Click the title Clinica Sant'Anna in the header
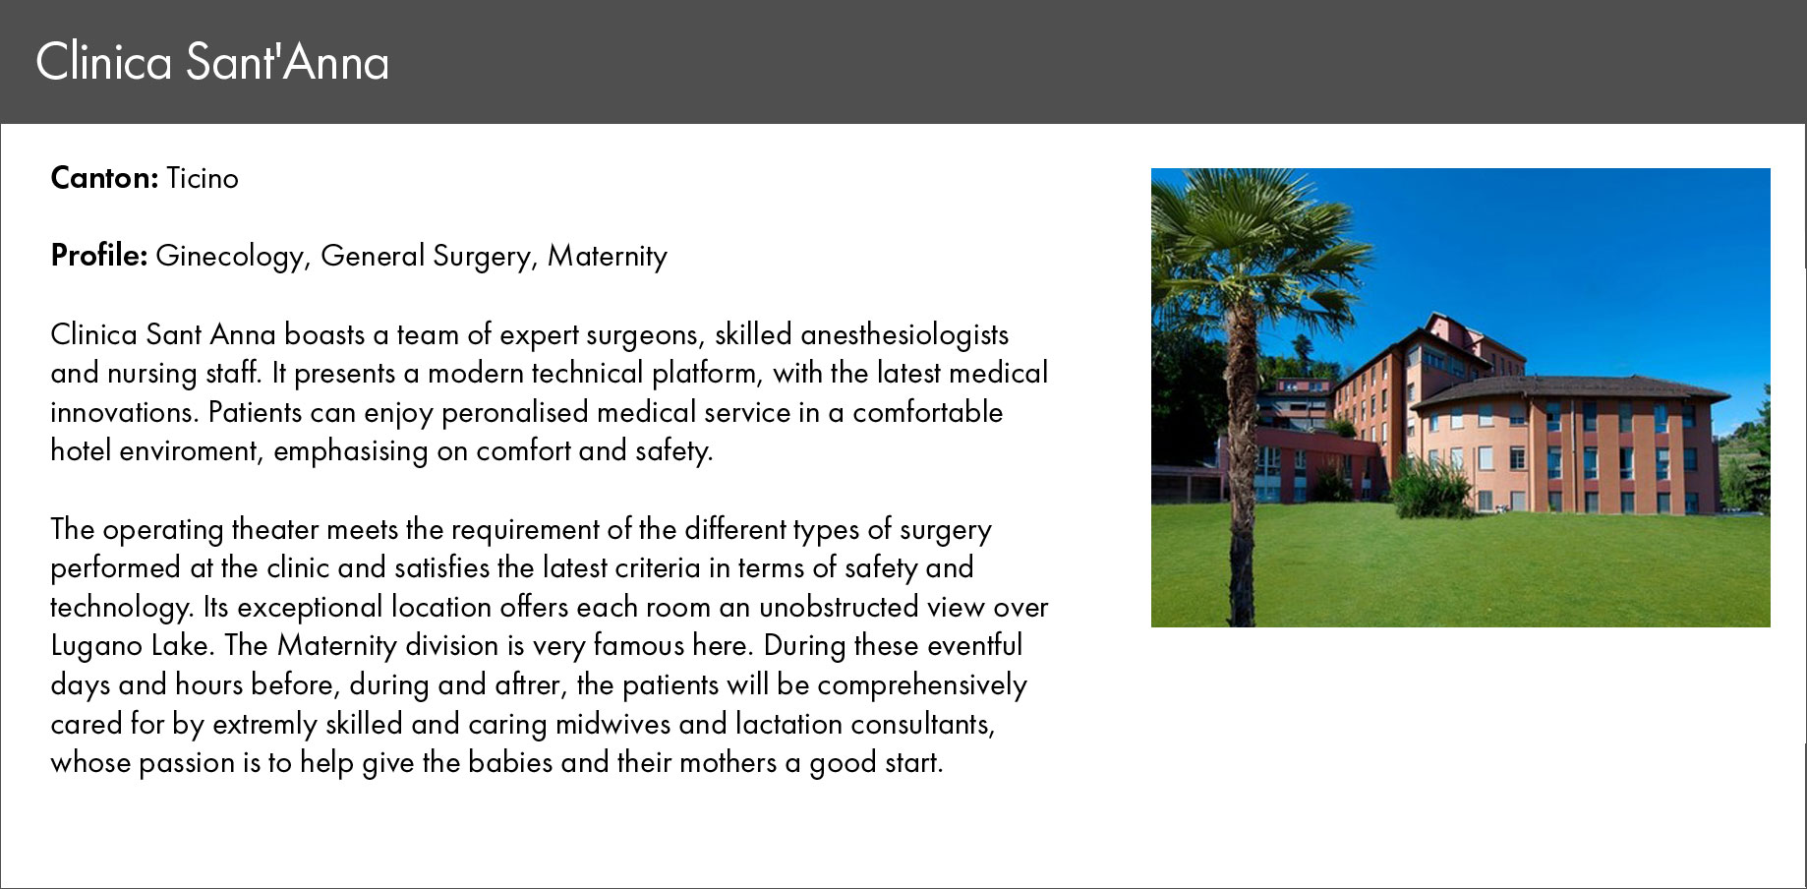212,62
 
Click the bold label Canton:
104,178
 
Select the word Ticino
203,178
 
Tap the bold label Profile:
99,256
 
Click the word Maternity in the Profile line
608,257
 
